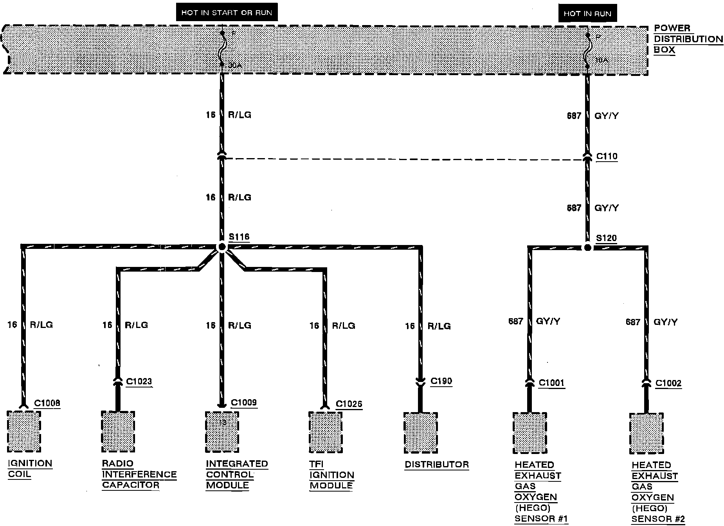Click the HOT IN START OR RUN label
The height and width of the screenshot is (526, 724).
pos(227,13)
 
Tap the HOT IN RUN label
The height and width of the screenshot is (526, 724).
pos(587,14)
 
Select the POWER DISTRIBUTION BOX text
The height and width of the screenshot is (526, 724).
pos(688,39)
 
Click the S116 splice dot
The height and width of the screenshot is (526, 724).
pos(222,247)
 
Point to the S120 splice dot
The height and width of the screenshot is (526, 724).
pos(587,248)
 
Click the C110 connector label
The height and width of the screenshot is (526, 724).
pos(607,157)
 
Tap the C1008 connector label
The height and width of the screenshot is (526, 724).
pos(47,403)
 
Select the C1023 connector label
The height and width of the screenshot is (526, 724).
pos(139,382)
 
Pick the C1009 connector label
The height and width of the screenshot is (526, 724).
pos(244,403)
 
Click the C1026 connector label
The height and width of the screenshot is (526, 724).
pos(349,404)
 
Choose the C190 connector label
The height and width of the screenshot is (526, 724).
pos(441,381)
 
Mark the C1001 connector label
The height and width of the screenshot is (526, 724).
pos(551,383)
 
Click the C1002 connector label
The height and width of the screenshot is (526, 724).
pos(668,383)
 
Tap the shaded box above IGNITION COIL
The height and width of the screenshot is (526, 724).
pos(24,431)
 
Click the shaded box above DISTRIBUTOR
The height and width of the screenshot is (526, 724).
pos(421,432)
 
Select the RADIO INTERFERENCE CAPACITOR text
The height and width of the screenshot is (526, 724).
pos(139,474)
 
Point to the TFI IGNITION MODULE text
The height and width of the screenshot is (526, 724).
pos(331,475)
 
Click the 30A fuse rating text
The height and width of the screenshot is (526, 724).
pos(235,66)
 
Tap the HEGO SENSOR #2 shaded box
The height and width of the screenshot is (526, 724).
pos(646,433)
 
